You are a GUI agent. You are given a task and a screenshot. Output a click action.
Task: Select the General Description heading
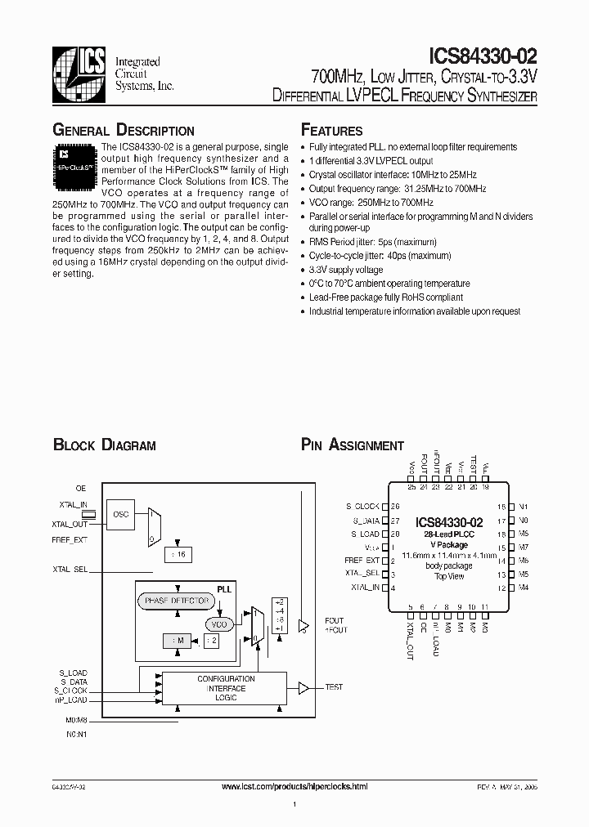[x=124, y=131]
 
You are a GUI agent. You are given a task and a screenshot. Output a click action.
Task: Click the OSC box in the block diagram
[x=122, y=513]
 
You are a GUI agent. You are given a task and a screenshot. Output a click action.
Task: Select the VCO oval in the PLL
[x=219, y=624]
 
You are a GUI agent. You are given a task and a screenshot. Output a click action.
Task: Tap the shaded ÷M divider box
[x=178, y=641]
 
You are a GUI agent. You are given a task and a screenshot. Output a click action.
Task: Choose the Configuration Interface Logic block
[x=225, y=688]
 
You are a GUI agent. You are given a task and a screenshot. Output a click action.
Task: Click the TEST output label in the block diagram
[x=335, y=688]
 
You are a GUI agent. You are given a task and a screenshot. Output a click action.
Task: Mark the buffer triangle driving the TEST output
[x=303, y=688]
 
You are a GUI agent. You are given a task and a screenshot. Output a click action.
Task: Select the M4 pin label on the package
[x=524, y=588]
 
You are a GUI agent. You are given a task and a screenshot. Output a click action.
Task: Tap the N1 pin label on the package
[x=524, y=507]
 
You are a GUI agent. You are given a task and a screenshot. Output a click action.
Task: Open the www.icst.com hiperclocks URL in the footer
[x=294, y=786]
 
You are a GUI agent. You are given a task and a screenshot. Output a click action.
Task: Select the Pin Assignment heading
[x=353, y=445]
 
